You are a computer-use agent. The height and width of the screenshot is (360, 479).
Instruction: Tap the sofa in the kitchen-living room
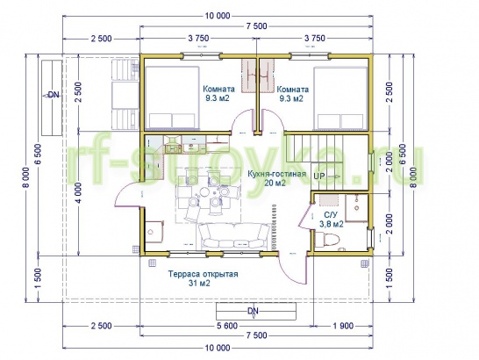(x=234, y=236)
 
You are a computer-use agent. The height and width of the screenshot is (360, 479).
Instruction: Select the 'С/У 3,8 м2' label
(x=332, y=220)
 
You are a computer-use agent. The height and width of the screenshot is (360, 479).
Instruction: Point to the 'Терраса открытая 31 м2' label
(x=203, y=278)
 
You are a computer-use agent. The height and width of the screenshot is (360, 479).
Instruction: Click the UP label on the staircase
(x=319, y=176)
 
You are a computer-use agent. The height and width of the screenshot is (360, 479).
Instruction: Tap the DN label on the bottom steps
(x=253, y=311)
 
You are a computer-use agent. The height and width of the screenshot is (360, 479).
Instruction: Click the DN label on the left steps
(x=54, y=95)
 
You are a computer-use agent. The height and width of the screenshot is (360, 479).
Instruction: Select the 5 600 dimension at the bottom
(x=226, y=326)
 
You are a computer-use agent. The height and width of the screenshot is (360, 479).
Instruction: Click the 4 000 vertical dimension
(x=78, y=192)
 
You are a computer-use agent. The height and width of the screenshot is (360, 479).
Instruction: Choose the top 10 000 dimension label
(x=218, y=16)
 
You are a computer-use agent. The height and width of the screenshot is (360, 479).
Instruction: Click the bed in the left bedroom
(x=172, y=97)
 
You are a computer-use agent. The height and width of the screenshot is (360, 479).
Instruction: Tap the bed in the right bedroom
(x=340, y=97)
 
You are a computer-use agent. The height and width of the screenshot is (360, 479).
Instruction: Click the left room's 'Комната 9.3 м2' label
(x=219, y=94)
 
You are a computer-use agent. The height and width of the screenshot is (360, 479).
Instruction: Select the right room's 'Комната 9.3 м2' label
(x=293, y=94)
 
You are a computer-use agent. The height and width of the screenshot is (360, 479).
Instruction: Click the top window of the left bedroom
(x=201, y=55)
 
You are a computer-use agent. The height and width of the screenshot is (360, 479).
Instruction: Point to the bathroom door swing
(x=305, y=215)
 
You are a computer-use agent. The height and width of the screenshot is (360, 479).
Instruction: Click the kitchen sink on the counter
(x=173, y=149)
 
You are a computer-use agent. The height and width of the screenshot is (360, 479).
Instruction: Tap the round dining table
(x=204, y=193)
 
